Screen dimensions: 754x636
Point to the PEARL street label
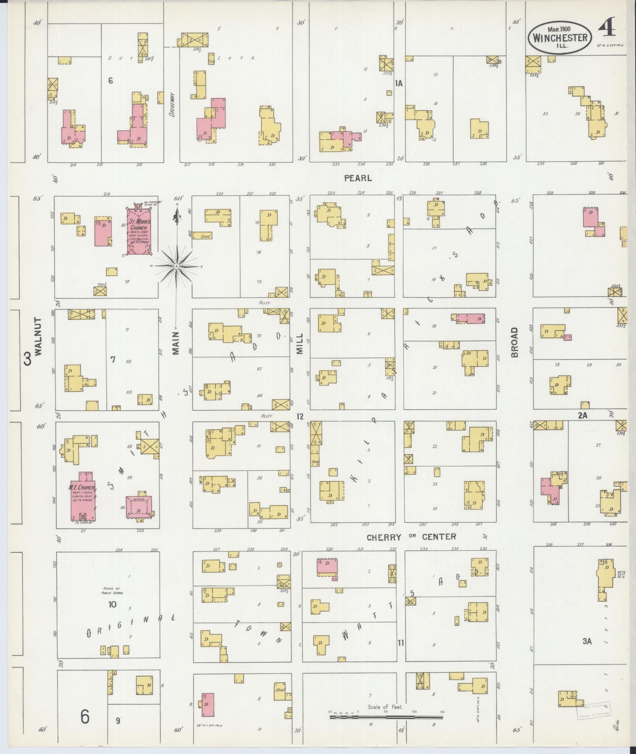point(358,178)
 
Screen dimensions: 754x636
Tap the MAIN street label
point(176,343)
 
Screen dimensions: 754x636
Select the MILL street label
point(300,343)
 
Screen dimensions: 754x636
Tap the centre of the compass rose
point(177,267)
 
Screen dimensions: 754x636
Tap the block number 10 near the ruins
point(112,604)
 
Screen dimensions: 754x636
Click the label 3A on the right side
point(587,641)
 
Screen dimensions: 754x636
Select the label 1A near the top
point(399,83)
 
